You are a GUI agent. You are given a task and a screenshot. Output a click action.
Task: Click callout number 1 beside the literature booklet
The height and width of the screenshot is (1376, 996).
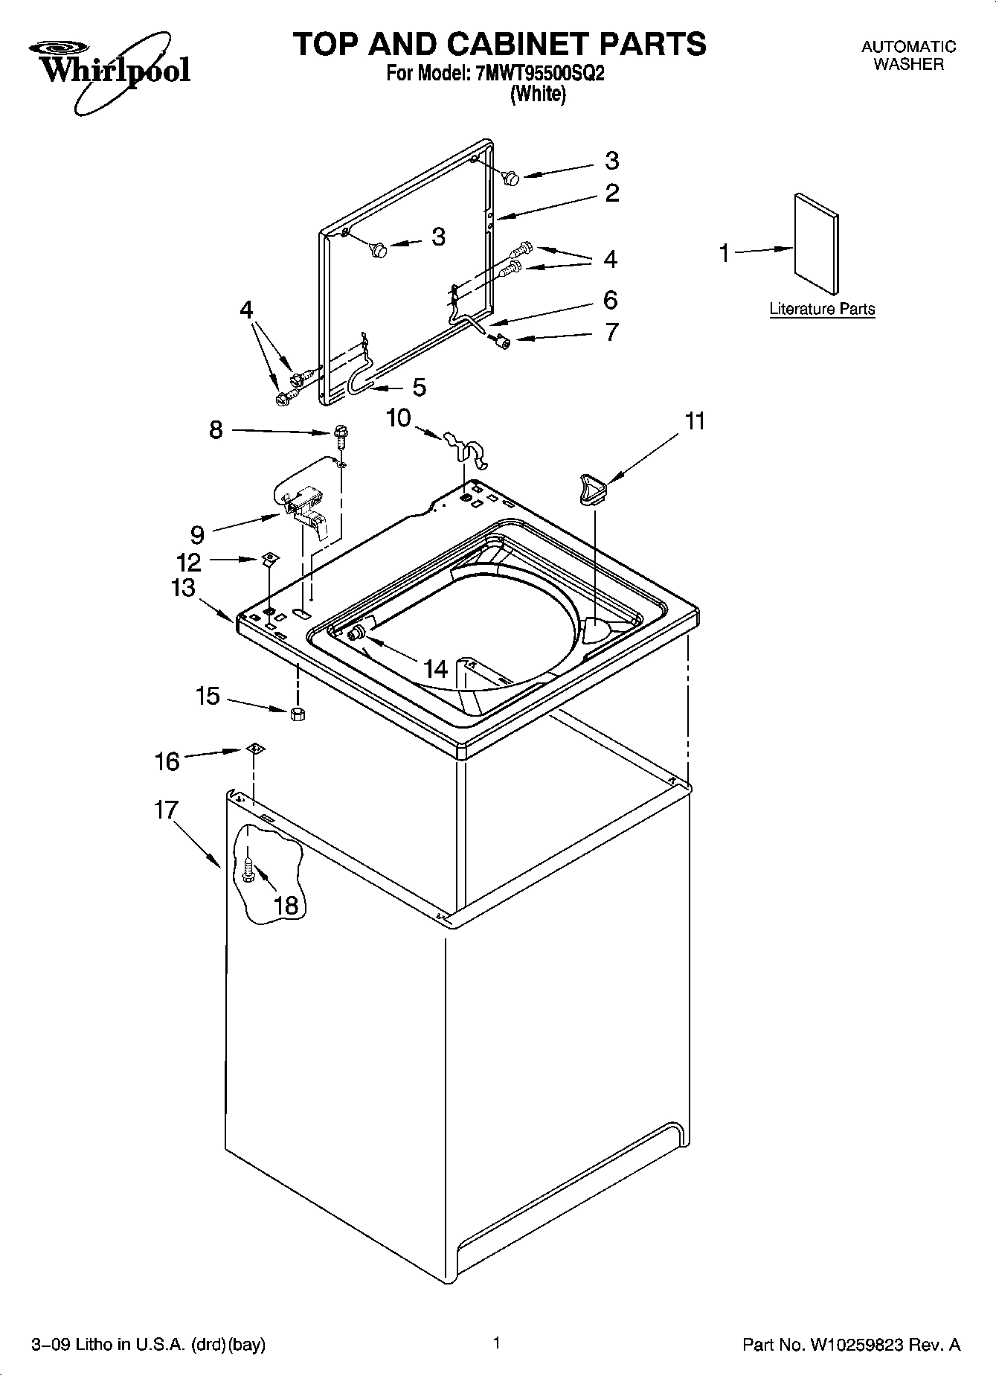click(x=724, y=253)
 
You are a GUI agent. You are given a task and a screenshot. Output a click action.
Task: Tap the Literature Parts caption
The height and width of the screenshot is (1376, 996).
click(x=822, y=309)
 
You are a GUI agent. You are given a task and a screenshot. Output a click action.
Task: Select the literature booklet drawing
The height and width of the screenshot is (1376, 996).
click(x=816, y=244)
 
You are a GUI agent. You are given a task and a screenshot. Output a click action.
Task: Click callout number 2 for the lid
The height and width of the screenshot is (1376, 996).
click(x=611, y=193)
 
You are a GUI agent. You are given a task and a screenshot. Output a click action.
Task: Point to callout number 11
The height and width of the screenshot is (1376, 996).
click(x=694, y=421)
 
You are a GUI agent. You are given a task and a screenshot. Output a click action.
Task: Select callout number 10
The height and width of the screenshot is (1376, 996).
click(x=399, y=418)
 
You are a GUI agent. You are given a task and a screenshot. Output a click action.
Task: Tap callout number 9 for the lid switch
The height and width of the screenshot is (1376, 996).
click(x=197, y=534)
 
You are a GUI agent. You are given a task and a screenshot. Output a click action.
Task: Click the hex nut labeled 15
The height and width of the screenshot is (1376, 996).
click(x=298, y=714)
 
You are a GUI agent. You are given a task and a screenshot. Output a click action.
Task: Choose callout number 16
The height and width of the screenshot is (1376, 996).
click(x=167, y=761)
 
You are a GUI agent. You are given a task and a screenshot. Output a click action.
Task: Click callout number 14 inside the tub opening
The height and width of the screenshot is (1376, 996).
click(x=436, y=669)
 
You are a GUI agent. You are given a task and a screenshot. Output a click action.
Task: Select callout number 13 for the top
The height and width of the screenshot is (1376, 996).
click(x=183, y=588)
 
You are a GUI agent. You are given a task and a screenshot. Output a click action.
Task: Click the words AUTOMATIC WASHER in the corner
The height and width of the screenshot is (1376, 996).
click(x=908, y=55)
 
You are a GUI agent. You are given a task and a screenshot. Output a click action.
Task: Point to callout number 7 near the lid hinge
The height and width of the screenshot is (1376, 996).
click(x=611, y=332)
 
